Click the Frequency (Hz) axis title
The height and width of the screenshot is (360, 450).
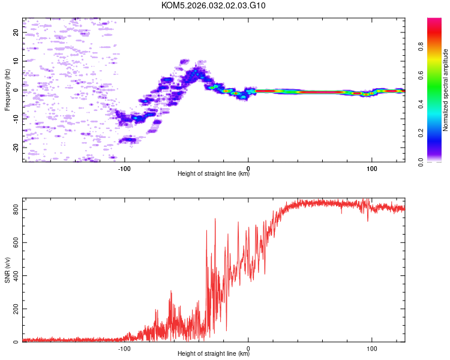tap(7, 90)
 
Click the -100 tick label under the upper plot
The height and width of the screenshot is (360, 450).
tap(124, 168)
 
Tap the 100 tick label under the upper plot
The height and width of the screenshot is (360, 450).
tap(372, 168)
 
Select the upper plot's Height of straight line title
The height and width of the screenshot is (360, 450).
tap(214, 174)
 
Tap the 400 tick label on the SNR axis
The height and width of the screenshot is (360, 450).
tap(14, 276)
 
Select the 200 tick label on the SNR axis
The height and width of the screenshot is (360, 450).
tap(14, 309)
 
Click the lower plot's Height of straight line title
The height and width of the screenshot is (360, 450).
tap(214, 354)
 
